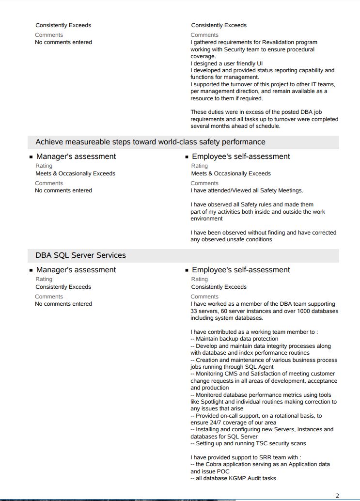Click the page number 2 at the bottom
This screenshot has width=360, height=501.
[x=337, y=495]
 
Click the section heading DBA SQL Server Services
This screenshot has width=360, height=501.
[x=80, y=255]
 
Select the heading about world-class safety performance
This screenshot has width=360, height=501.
[x=150, y=142]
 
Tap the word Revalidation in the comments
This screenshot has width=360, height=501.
[x=278, y=43]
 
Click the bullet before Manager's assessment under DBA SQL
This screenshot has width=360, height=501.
[x=31, y=270]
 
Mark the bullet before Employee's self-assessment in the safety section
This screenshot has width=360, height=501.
[x=187, y=157]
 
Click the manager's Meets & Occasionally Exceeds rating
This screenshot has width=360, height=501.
[x=75, y=173]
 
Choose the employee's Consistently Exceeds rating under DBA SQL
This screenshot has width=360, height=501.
[x=219, y=287]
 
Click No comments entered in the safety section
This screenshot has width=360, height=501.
[x=63, y=190]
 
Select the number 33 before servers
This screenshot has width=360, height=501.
[x=194, y=311]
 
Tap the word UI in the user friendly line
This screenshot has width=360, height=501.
[x=260, y=63]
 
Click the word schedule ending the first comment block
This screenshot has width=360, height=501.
[x=268, y=126]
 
